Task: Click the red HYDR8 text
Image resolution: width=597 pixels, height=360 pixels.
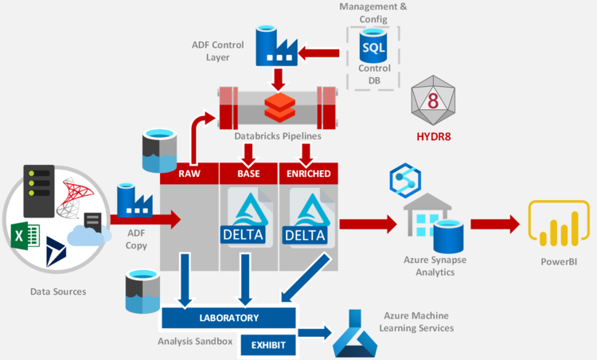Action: click(434, 136)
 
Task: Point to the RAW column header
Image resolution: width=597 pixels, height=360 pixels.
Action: click(189, 174)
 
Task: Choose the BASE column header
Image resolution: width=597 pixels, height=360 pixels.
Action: click(248, 174)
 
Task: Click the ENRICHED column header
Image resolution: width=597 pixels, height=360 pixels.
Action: click(308, 174)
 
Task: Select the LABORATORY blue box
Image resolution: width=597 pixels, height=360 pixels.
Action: click(228, 318)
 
